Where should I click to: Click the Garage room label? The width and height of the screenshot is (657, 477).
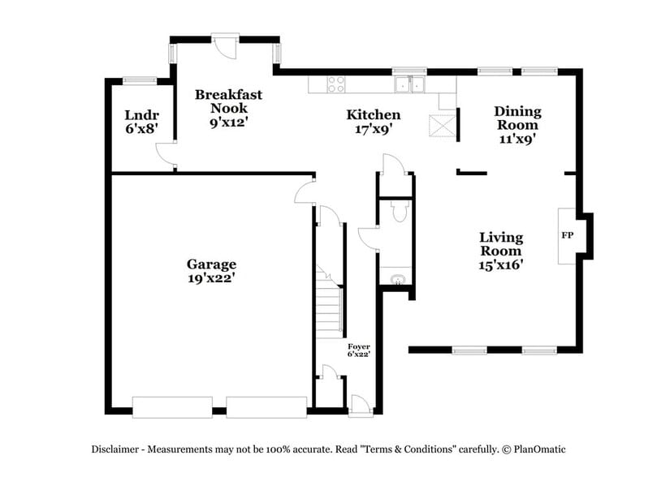pos(211,264)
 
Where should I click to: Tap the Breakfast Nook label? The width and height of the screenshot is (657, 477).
pos(228,101)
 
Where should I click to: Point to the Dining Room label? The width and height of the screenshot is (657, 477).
pos(517,118)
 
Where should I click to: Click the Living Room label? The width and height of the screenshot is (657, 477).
pos(501,244)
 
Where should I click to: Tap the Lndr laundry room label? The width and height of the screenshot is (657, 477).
pos(140,114)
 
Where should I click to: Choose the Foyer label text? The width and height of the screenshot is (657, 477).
pos(358,346)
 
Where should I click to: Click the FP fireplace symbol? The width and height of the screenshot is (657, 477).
pos(567,235)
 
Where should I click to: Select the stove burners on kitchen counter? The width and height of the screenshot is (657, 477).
pos(335,83)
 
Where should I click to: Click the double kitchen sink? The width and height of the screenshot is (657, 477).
pos(410,84)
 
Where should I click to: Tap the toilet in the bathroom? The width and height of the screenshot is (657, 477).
pos(398,211)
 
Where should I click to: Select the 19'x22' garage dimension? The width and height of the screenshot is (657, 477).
pos(211,278)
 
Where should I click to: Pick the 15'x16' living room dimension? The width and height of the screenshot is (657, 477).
pos(501,264)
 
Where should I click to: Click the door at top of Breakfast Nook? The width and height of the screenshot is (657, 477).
pos(226,44)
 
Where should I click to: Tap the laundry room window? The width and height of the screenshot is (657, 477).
pos(140,79)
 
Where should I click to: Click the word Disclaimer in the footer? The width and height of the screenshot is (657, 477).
pos(117,449)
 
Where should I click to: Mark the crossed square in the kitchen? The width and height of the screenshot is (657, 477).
pos(442,127)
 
